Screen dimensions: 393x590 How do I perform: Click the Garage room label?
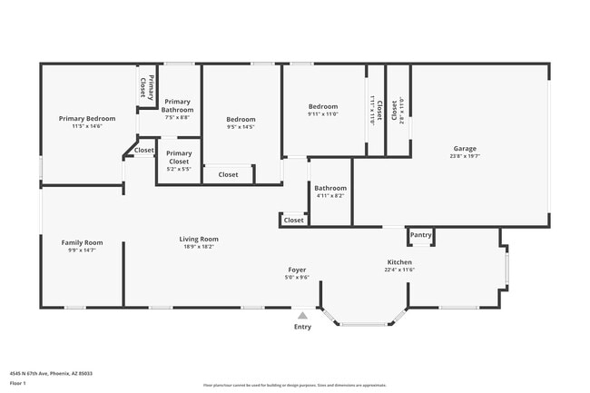click(x=465, y=148)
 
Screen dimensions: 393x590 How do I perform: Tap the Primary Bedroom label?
click(x=87, y=119)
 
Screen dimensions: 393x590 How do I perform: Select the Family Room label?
click(x=82, y=242)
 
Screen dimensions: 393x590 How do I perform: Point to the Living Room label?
click(x=200, y=239)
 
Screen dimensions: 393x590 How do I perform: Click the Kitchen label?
click(x=399, y=261)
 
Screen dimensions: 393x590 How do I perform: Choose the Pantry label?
click(x=420, y=235)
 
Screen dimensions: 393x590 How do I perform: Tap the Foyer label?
click(x=297, y=270)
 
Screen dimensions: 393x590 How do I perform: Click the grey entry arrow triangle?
click(x=303, y=315)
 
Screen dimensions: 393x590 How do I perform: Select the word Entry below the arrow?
click(x=303, y=327)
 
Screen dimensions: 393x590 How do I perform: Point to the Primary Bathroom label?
click(x=178, y=105)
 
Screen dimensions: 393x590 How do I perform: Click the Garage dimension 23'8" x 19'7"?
click(x=465, y=156)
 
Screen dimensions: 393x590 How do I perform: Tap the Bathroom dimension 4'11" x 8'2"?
click(x=330, y=196)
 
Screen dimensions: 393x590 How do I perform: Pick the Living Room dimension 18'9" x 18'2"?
click(x=200, y=247)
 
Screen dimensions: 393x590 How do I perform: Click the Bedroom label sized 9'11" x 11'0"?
click(x=322, y=106)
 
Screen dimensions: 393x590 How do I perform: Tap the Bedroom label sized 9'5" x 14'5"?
click(x=241, y=119)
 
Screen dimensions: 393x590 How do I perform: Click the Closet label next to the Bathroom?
click(x=294, y=220)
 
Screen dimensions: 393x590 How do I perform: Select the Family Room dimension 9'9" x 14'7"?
click(x=82, y=251)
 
